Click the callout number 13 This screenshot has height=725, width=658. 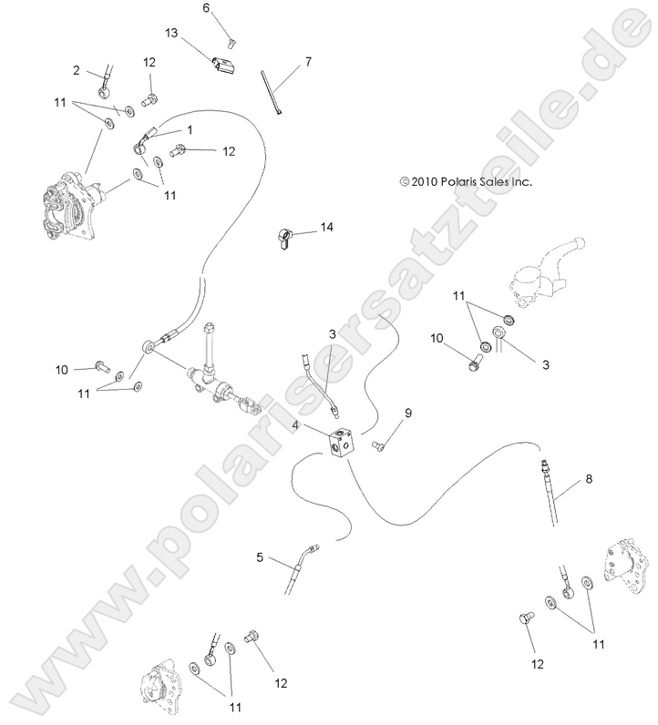click(170, 32)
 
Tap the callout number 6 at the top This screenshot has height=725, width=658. click(206, 8)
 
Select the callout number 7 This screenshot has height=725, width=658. click(308, 61)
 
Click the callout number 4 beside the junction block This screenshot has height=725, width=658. click(296, 424)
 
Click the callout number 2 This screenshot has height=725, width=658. click(77, 69)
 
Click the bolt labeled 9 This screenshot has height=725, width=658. click(379, 444)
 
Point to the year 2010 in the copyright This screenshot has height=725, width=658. click(425, 182)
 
